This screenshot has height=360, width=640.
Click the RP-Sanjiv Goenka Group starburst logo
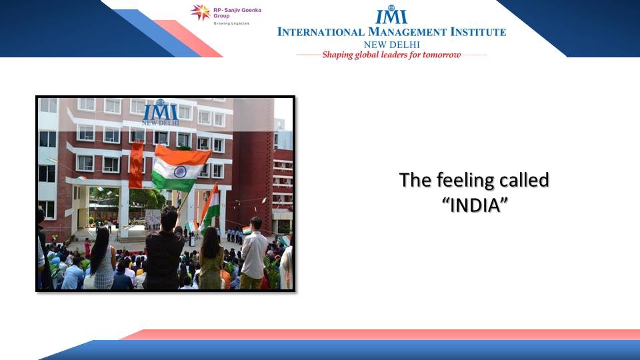pyautogui.click(x=201, y=12)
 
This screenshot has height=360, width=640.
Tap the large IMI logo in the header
pyautogui.click(x=391, y=15)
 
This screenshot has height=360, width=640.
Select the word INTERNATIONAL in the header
pyautogui.click(x=321, y=32)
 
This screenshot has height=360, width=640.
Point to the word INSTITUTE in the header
pyautogui.click(x=478, y=32)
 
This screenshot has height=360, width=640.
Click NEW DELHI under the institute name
pyautogui.click(x=392, y=45)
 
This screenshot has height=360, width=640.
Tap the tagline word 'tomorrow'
pyautogui.click(x=441, y=55)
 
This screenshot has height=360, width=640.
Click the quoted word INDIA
pyautogui.click(x=475, y=205)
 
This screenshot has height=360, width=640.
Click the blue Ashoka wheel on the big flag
pyautogui.click(x=180, y=171)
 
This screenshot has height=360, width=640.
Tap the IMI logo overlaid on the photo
pyautogui.click(x=161, y=112)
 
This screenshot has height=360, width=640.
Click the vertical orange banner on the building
pyautogui.click(x=136, y=165)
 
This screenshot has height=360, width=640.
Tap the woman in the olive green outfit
pyautogui.click(x=211, y=259)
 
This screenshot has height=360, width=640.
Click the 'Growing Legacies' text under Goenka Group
pyautogui.click(x=231, y=24)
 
